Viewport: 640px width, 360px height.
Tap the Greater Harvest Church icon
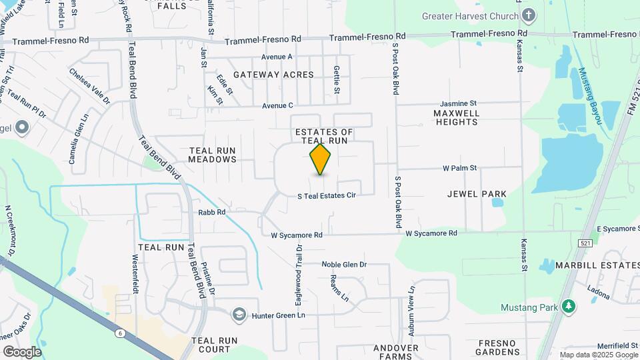pyautogui.click(x=529, y=15)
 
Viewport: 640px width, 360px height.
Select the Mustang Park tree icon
pyautogui.click(x=568, y=307)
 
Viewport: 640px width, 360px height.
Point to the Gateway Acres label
pyautogui.click(x=273, y=75)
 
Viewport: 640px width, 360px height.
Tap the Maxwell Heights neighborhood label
pyautogui.click(x=457, y=118)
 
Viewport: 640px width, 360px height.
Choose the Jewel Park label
pyautogui.click(x=477, y=194)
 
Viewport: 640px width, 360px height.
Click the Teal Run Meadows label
pyautogui.click(x=212, y=155)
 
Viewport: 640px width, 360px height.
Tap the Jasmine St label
pyautogui.click(x=458, y=104)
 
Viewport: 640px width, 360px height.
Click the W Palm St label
pyautogui.click(x=457, y=168)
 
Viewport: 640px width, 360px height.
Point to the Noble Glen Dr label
pyautogui.click(x=344, y=265)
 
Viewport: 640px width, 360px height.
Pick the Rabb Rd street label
pyautogui.click(x=212, y=213)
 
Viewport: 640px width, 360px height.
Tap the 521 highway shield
pyautogui.click(x=585, y=243)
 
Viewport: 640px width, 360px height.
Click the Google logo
pyautogui.click(x=22, y=351)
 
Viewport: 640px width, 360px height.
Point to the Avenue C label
pyautogui.click(x=277, y=105)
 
